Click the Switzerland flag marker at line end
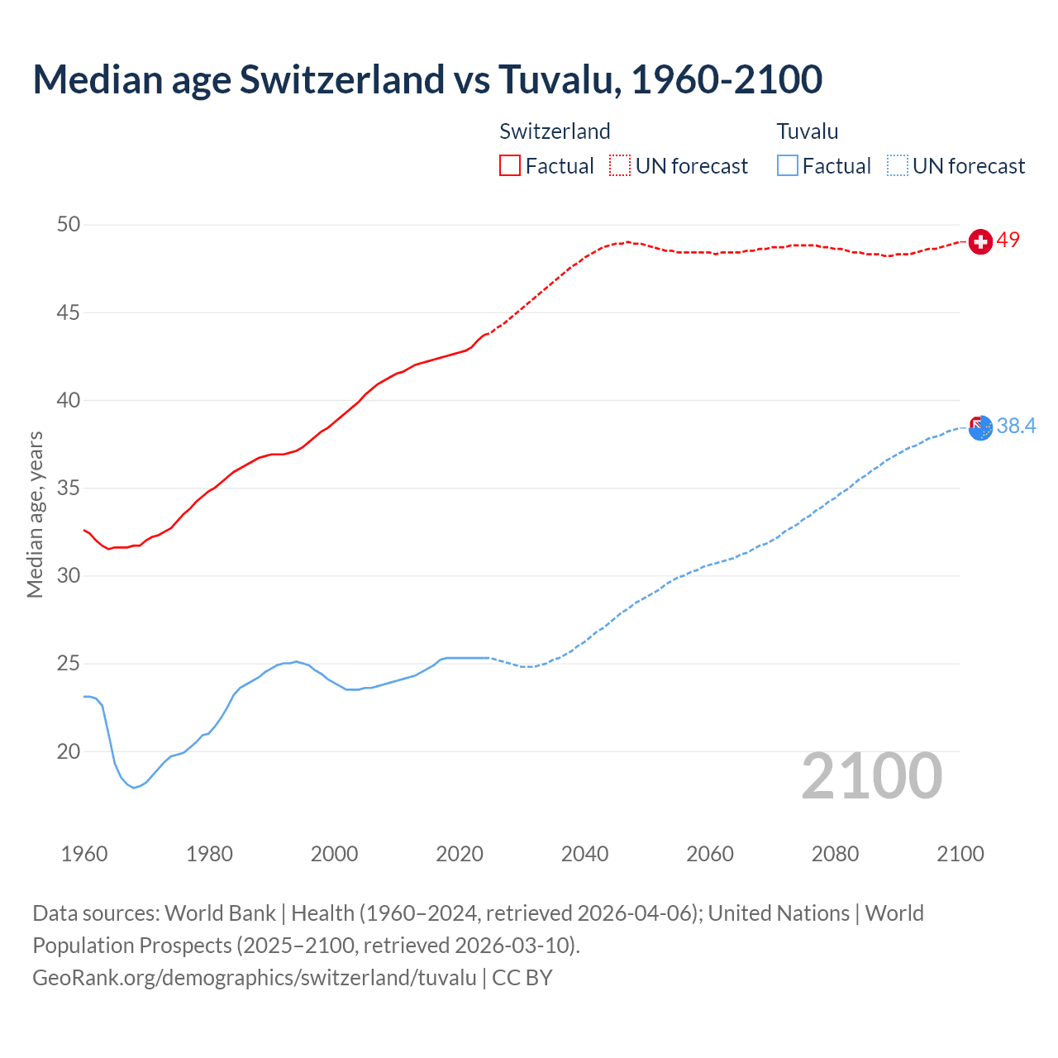coord(979,241)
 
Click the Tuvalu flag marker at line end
coord(979,427)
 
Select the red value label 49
coord(1008,240)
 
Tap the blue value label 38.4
coord(1016,426)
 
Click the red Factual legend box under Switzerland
coord(510,165)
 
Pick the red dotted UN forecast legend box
coord(620,165)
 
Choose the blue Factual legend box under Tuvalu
coord(788,165)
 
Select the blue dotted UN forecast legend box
coord(897,165)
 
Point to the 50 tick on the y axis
coord(69,225)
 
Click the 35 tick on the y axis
coord(69,488)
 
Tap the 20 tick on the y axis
coord(69,751)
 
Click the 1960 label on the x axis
coord(84,854)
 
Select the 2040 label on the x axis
coord(584,854)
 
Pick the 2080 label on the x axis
coord(835,854)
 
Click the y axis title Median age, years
coord(35,514)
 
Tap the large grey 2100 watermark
coord(871,775)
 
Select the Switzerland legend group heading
coord(555,131)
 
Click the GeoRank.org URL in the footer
coord(255,978)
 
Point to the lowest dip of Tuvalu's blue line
coord(134,788)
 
